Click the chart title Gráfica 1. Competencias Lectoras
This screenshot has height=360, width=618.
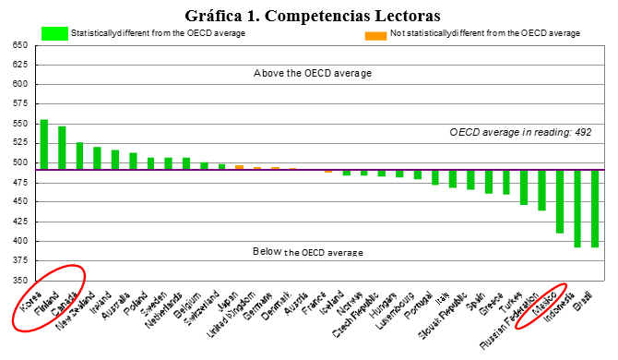[x=312, y=15]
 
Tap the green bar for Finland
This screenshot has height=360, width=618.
[x=62, y=148]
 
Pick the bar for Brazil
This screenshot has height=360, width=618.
[x=595, y=209]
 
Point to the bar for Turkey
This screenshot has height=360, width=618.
[x=524, y=187]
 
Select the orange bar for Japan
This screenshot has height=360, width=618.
[x=239, y=167]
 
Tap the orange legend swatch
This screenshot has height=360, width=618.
[x=375, y=34]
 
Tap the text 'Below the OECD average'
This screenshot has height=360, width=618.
[x=307, y=252]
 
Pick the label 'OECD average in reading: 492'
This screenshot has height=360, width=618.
[x=520, y=133]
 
